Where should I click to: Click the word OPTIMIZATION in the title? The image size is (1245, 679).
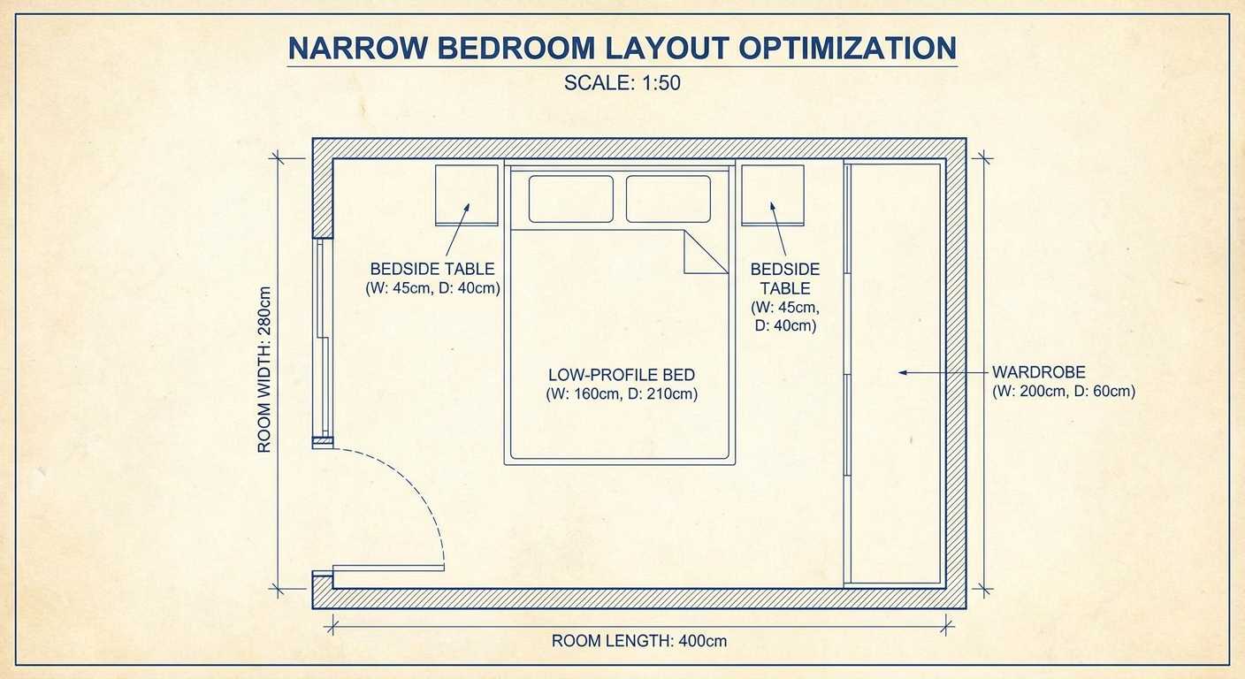point(847,48)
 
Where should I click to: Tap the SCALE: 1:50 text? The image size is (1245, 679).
point(622,83)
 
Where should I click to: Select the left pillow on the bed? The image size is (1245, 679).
point(571,199)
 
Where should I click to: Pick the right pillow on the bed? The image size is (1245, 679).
point(668,199)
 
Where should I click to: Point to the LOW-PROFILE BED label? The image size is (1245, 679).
point(622,375)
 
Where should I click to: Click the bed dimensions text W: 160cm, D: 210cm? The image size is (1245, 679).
point(622,394)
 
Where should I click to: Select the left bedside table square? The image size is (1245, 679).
point(466,195)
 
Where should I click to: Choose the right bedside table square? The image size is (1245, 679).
point(773,195)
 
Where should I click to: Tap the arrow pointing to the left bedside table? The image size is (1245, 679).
point(457,230)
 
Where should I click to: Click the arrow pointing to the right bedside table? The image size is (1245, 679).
point(778,228)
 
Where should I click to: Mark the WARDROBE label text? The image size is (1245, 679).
point(1039,371)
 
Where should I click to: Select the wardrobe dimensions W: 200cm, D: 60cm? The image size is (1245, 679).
point(1064,391)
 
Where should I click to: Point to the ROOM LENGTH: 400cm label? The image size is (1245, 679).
point(639,641)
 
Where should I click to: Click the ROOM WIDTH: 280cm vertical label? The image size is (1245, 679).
point(264,370)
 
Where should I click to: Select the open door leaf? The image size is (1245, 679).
point(388,568)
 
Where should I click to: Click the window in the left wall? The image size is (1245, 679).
point(323,338)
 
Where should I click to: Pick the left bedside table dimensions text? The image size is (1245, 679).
point(432,288)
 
